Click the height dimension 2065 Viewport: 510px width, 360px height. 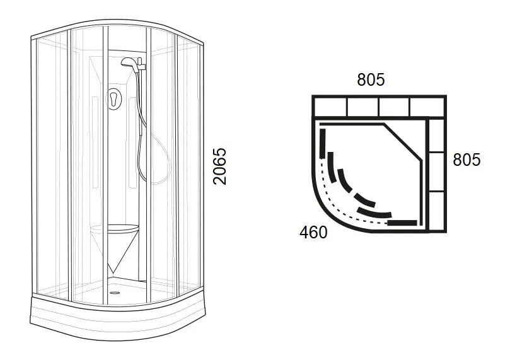pyautogui.click(x=220, y=166)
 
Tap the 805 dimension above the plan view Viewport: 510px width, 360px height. pyautogui.click(x=371, y=79)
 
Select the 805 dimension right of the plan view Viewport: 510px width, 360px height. pyautogui.click(x=467, y=160)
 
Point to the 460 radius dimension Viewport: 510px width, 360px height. pyautogui.click(x=313, y=232)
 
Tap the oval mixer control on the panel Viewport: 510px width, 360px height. pyautogui.click(x=114, y=98)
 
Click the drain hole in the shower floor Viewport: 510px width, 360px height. pyautogui.click(x=114, y=293)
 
